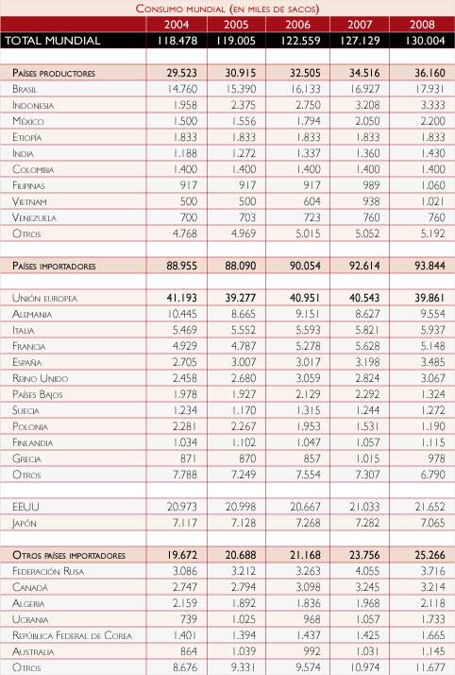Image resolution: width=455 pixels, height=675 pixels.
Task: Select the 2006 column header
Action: click(299, 24)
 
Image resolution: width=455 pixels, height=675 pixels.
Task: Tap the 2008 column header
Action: click(421, 24)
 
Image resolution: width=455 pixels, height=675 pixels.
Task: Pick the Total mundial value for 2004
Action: click(177, 41)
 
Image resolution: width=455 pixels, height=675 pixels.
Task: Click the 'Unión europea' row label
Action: click(48, 298)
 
